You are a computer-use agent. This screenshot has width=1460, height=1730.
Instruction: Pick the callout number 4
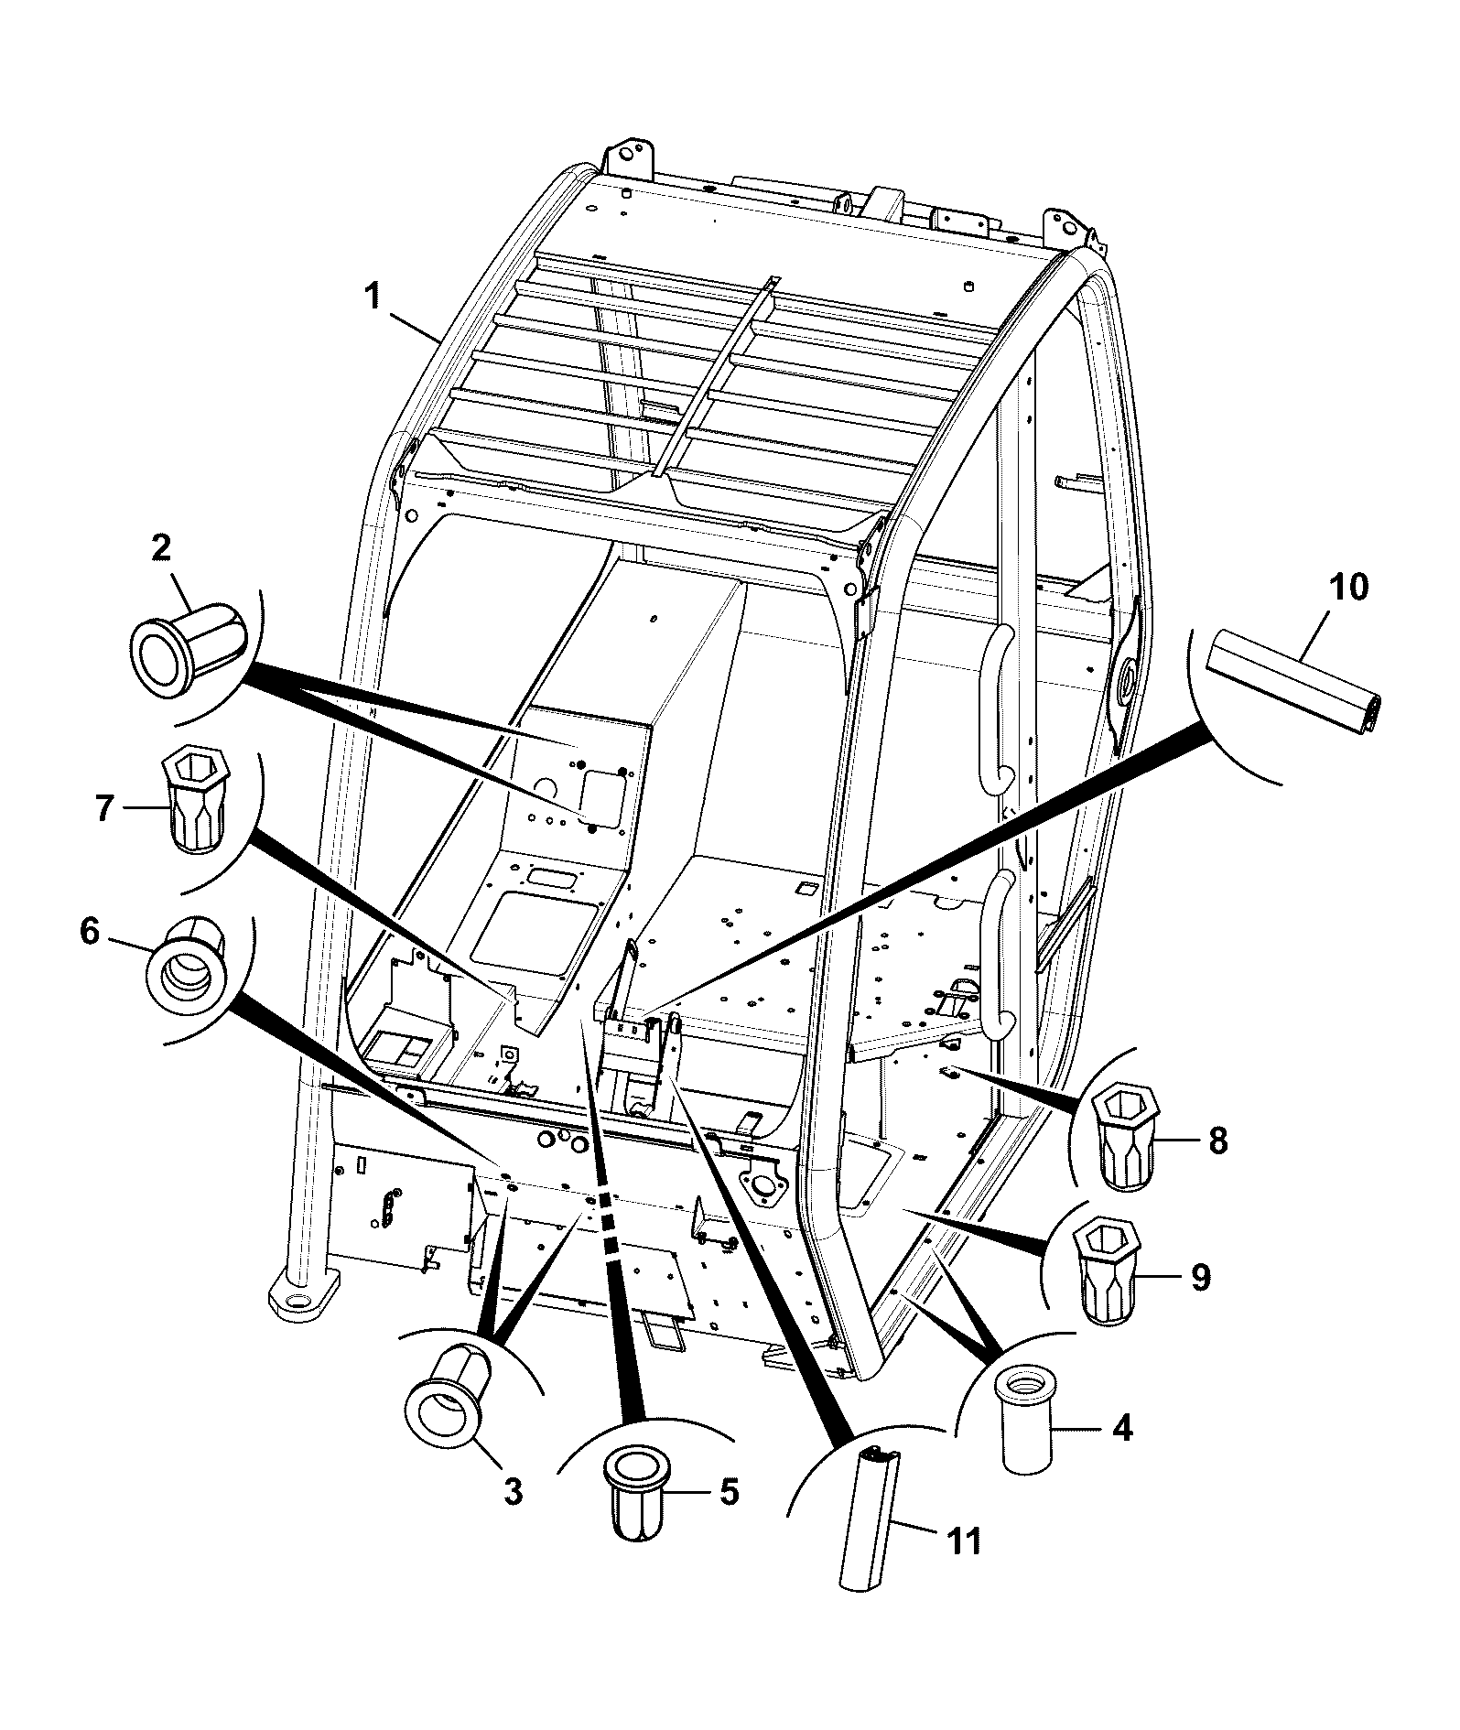(x=1120, y=1428)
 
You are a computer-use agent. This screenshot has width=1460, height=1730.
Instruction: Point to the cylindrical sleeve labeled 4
(x=1027, y=1417)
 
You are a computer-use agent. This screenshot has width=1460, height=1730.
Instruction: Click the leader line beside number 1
(x=414, y=327)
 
